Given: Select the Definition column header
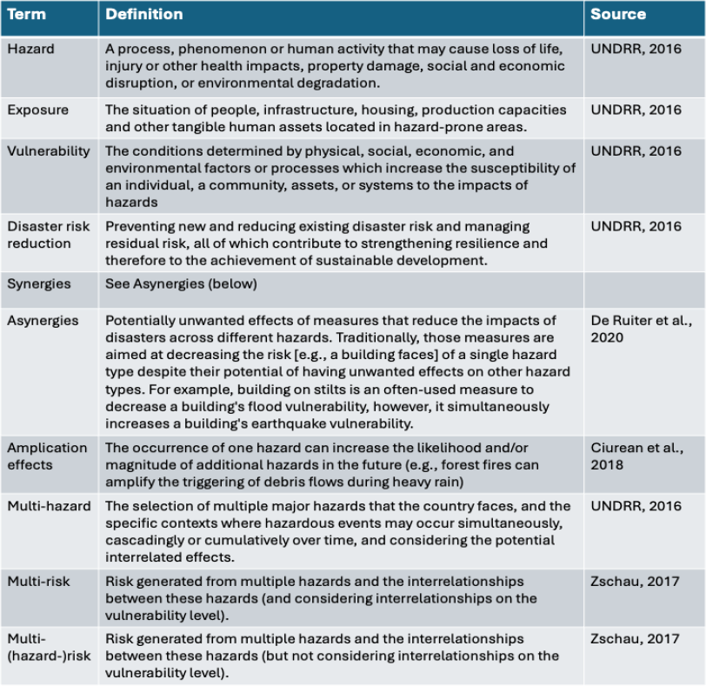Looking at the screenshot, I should [x=144, y=15].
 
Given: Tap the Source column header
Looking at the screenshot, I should [x=618, y=15].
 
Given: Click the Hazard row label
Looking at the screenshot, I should [x=30, y=50].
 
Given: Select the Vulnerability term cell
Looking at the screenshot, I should [x=49, y=151].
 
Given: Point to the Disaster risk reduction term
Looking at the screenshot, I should [x=49, y=235].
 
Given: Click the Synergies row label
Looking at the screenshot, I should [x=39, y=284].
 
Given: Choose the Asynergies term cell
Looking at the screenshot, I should [x=43, y=321].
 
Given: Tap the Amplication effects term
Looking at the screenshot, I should [x=48, y=456].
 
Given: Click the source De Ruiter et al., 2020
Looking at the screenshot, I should [x=640, y=329].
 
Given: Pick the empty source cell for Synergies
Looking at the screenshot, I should [x=643, y=284].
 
